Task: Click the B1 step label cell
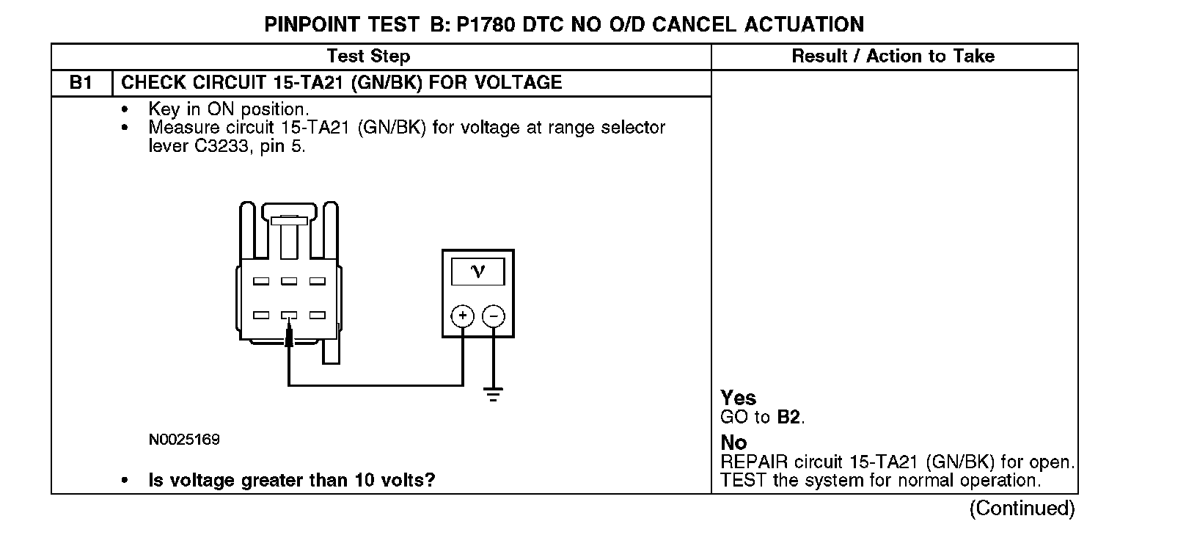(x=81, y=82)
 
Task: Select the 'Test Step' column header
(x=368, y=57)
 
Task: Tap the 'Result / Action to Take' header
(x=893, y=57)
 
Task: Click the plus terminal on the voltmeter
(x=462, y=316)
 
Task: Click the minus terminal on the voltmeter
(x=494, y=316)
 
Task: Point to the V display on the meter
(x=477, y=272)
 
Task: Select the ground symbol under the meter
(x=494, y=394)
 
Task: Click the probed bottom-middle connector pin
(x=289, y=316)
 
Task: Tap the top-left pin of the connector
(x=261, y=281)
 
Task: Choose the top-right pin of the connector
(x=317, y=281)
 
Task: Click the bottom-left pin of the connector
(x=261, y=316)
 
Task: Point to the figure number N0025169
(x=184, y=440)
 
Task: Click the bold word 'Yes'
(x=738, y=398)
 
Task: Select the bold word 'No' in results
(x=733, y=443)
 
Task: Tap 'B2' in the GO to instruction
(x=788, y=418)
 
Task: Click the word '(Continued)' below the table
(x=1022, y=508)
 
